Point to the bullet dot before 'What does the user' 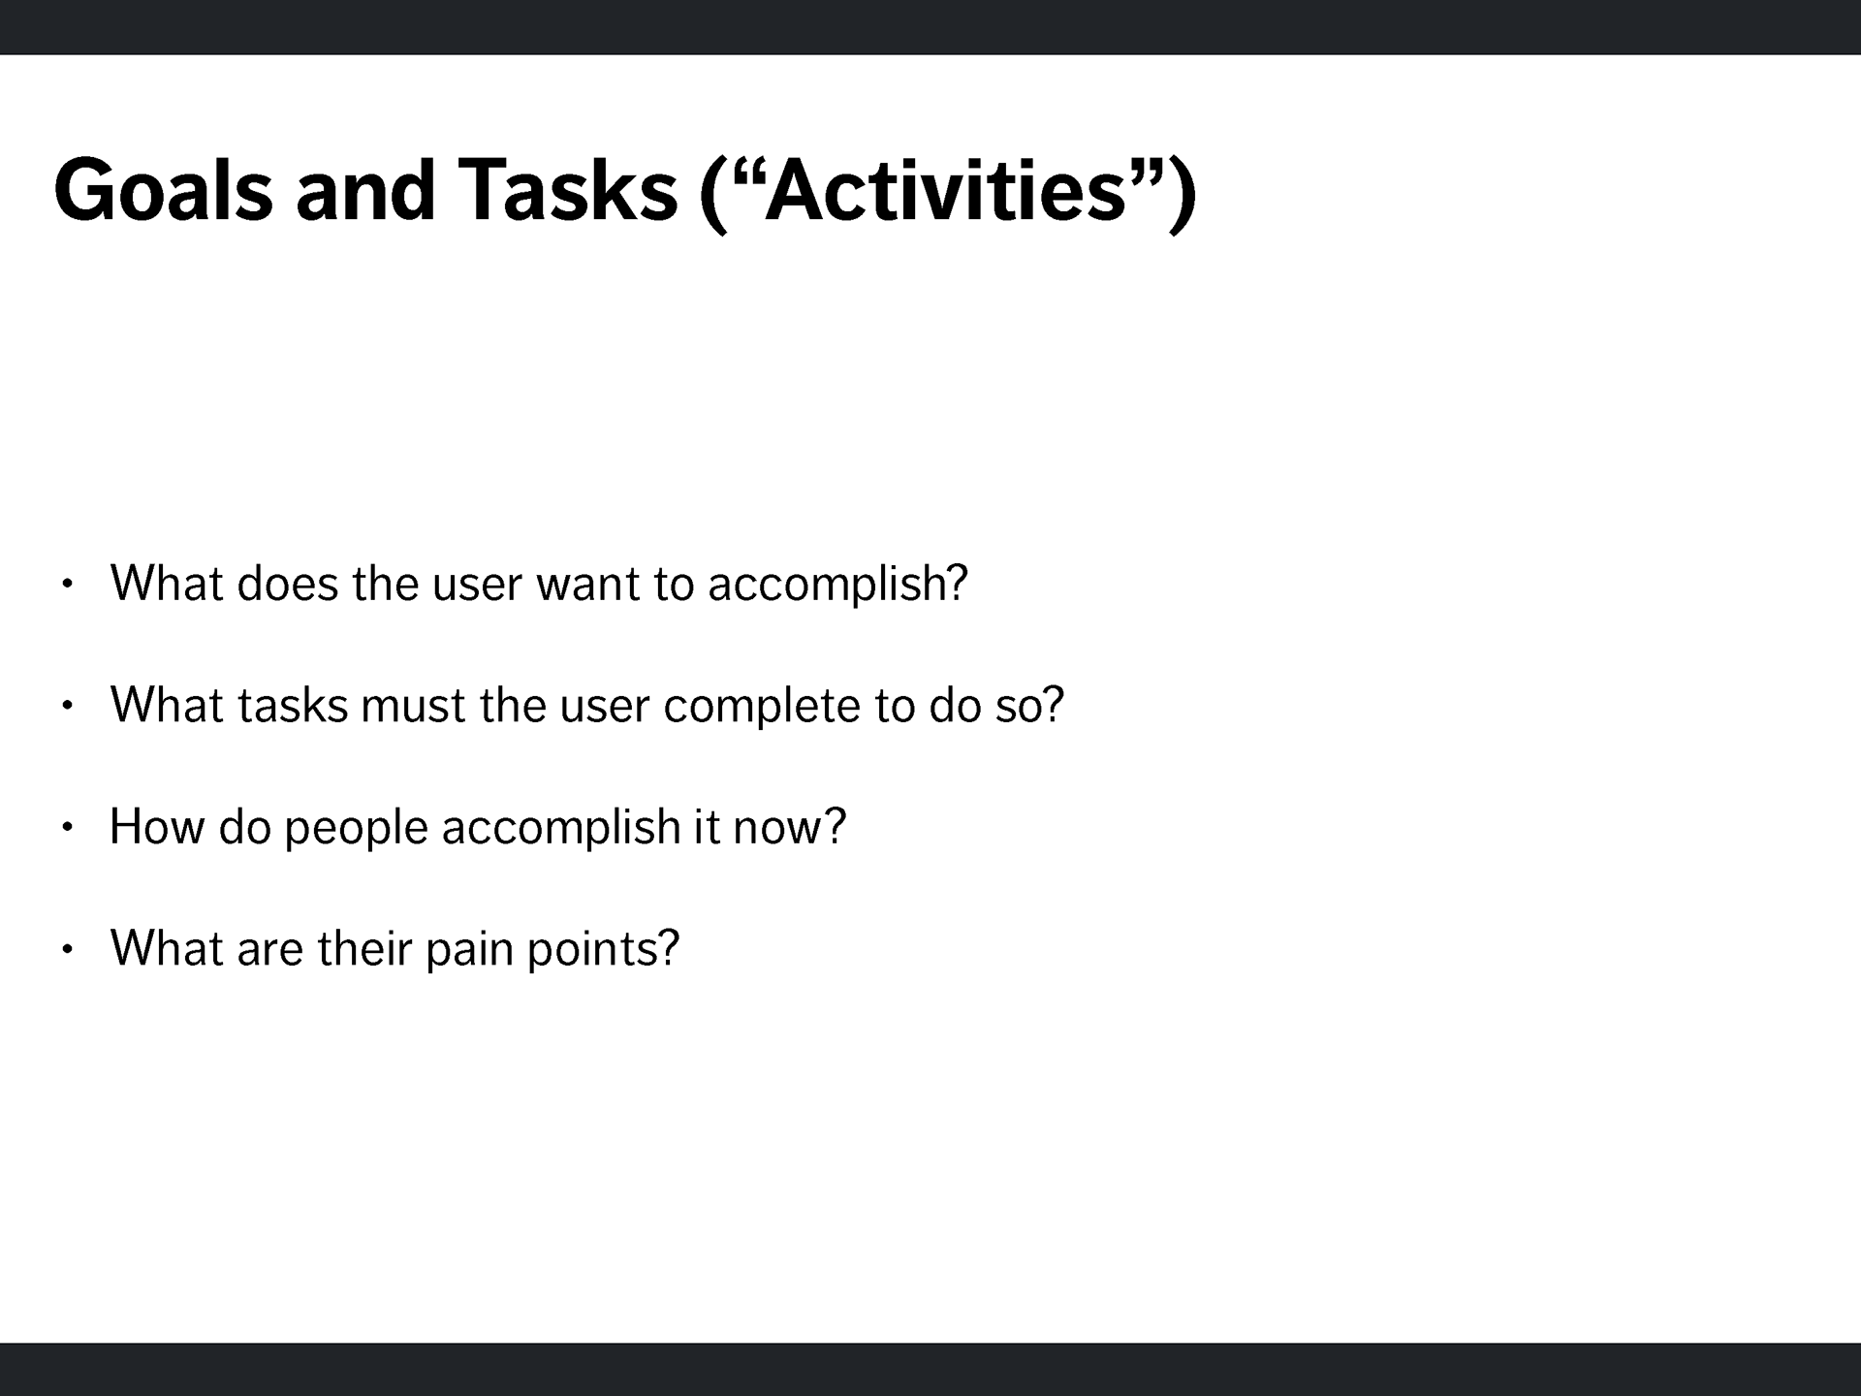(67, 584)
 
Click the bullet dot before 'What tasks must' (67, 706)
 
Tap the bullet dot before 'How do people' (67, 827)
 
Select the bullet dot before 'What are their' (67, 949)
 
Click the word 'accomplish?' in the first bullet (838, 585)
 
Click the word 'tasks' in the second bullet (293, 706)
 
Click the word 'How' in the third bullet (157, 827)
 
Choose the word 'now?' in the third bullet (790, 827)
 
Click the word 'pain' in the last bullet (470, 950)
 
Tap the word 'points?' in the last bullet (604, 950)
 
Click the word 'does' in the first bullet (288, 584)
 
